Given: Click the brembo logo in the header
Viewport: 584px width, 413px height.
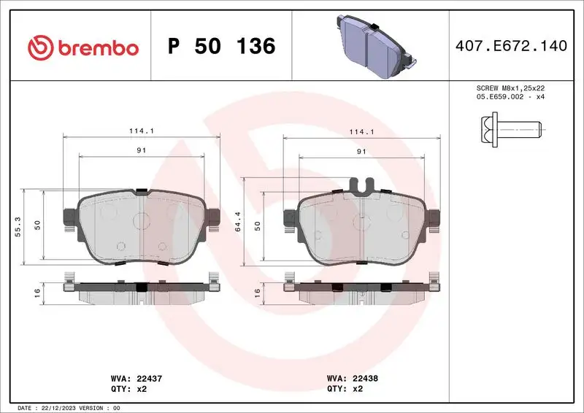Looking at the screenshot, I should [82, 47].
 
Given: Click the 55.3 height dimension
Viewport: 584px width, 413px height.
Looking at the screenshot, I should [18, 225].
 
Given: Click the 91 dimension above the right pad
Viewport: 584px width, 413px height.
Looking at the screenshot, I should [361, 151].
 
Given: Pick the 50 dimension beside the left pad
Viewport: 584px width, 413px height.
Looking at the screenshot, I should [36, 225].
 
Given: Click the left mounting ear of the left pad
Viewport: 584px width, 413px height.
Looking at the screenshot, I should [71, 217].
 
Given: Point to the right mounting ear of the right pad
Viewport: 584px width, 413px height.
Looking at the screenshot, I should [434, 217].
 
